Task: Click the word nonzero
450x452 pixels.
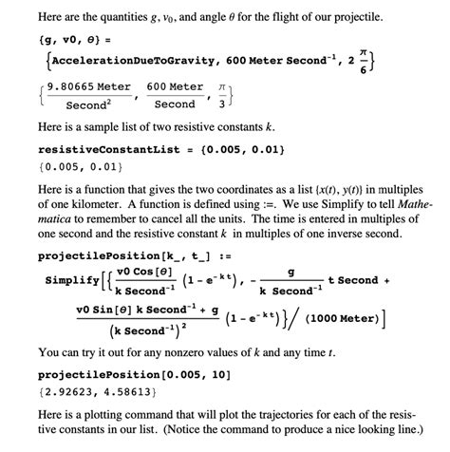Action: click(213, 349)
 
